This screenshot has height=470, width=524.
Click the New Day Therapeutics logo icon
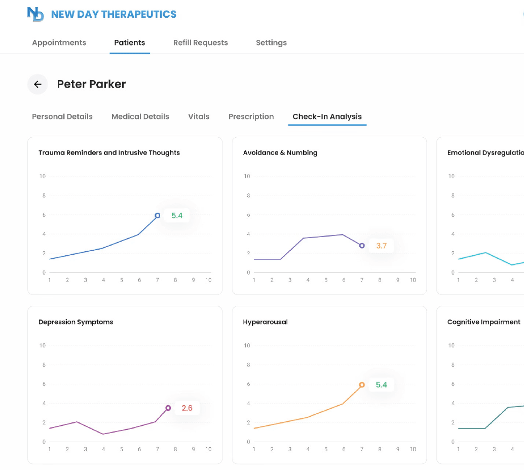click(x=36, y=14)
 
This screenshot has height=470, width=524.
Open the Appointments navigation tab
click(x=59, y=43)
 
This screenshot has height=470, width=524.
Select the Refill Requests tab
click(x=200, y=43)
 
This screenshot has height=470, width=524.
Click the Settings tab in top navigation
click(x=271, y=43)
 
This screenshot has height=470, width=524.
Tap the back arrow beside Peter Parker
click(x=38, y=85)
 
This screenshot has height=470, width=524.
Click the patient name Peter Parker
click(x=91, y=84)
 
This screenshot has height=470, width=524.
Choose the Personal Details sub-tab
click(x=62, y=116)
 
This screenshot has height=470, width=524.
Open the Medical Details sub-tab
click(x=140, y=116)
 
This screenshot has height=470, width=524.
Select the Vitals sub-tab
click(x=199, y=116)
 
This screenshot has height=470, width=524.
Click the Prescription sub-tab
click(x=251, y=116)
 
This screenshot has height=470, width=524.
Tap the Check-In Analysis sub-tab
click(x=327, y=116)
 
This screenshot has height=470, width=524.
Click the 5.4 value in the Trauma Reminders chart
click(x=177, y=216)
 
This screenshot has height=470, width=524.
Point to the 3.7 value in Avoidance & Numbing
click(x=381, y=246)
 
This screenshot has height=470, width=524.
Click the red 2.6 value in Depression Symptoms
click(x=187, y=408)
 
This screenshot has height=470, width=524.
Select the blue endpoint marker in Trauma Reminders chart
click(x=158, y=216)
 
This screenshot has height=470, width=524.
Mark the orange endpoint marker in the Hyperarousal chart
click(x=362, y=385)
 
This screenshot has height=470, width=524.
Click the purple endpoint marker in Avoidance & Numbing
click(x=362, y=246)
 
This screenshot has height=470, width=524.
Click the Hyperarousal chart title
click(x=265, y=322)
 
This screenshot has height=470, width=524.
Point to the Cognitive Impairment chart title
click(x=483, y=322)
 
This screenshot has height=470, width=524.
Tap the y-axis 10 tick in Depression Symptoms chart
click(x=43, y=346)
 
